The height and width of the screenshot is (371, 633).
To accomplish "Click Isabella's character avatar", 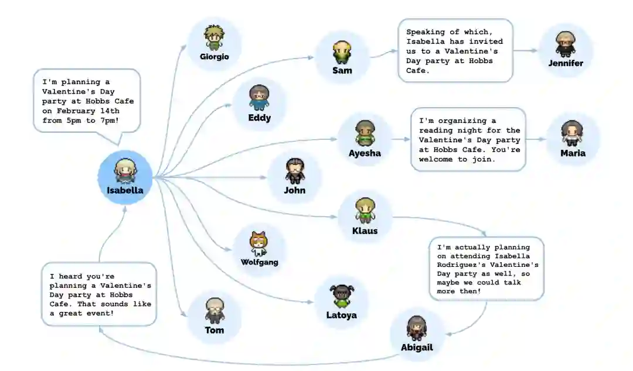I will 124,170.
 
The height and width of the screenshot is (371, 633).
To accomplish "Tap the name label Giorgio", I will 214,57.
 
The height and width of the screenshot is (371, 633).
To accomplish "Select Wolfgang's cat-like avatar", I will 258,243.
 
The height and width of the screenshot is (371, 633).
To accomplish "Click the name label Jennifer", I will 566,63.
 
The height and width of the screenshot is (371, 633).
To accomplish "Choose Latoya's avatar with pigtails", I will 341,297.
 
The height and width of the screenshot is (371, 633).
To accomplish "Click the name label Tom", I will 215,330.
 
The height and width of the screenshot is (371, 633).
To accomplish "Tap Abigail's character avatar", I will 417,328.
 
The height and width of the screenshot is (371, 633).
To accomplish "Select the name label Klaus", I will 365,230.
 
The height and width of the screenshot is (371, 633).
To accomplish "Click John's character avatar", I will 294,170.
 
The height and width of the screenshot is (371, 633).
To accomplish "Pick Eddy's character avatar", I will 259,97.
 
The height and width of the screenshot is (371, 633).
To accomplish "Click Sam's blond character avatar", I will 342,52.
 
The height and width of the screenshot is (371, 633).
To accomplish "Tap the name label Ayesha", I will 365,153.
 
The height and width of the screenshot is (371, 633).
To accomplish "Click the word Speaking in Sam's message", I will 426,32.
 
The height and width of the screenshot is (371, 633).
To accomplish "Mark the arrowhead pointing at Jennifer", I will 534,50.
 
